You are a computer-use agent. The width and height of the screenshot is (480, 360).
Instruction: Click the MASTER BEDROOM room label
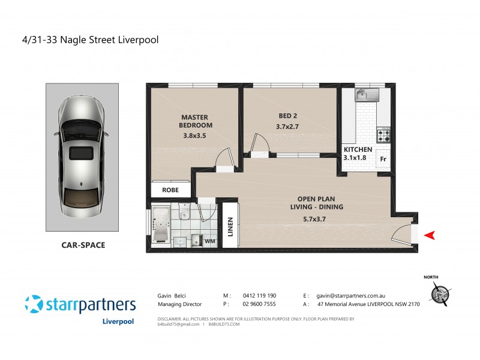pyautogui.click(x=196, y=121)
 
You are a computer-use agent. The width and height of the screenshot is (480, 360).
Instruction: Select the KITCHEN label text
pyautogui.click(x=358, y=149)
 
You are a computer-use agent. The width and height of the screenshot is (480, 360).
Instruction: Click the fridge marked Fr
pyautogui.click(x=383, y=159)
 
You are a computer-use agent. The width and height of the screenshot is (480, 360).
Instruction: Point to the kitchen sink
pyautogui.click(x=364, y=95)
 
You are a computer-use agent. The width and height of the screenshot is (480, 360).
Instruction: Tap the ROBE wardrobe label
pyautogui.click(x=170, y=190)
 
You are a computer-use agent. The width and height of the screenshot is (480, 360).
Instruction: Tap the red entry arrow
pyautogui.click(x=429, y=235)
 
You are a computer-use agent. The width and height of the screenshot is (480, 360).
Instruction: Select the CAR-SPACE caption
pyautogui.click(x=83, y=245)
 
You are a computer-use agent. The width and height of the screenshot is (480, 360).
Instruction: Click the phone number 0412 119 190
pyautogui.click(x=259, y=296)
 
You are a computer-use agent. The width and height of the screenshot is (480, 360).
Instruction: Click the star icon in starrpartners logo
pyautogui.click(x=34, y=304)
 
